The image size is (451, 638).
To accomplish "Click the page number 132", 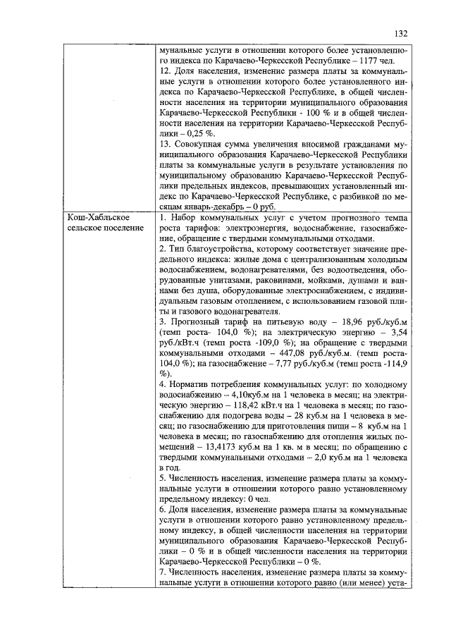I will pos(401,32).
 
